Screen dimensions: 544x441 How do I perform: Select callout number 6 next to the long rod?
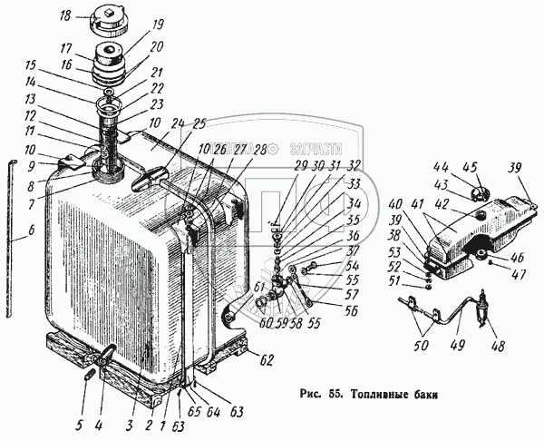31,231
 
